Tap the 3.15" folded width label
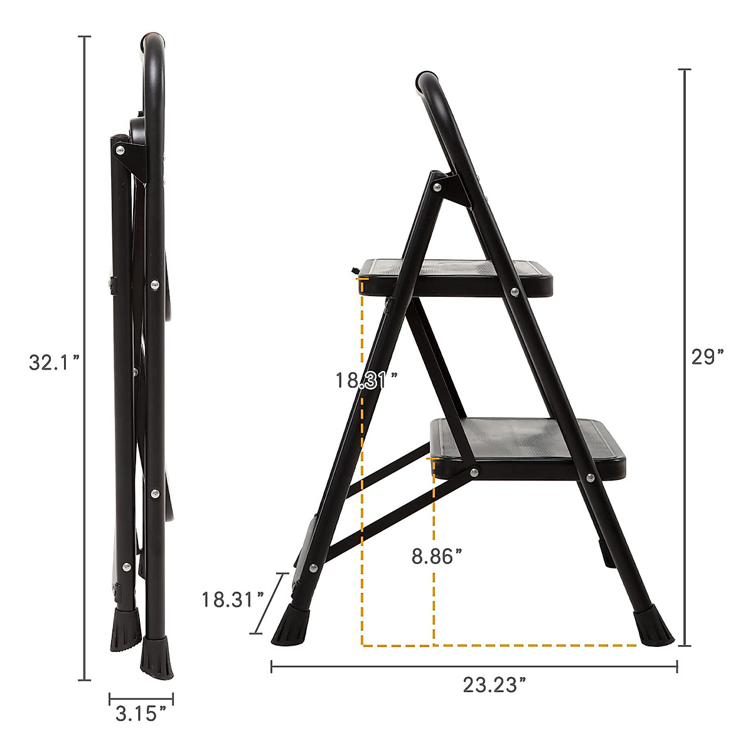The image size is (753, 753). pyautogui.click(x=141, y=713)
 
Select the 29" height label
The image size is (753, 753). pyautogui.click(x=708, y=357)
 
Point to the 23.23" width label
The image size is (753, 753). pyautogui.click(x=494, y=685)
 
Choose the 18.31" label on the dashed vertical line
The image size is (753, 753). pyautogui.click(x=366, y=380)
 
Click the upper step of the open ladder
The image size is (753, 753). pyautogui.click(x=458, y=276)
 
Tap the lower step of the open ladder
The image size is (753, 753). pyautogui.click(x=533, y=447)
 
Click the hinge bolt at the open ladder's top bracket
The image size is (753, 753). pyautogui.click(x=437, y=186)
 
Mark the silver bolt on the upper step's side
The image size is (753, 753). pyautogui.click(x=515, y=292)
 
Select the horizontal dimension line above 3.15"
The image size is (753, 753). pyautogui.click(x=141, y=697)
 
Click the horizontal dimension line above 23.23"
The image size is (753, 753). pyautogui.click(x=474, y=666)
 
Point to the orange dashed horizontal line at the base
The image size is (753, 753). pyautogui.click(x=502, y=645)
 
